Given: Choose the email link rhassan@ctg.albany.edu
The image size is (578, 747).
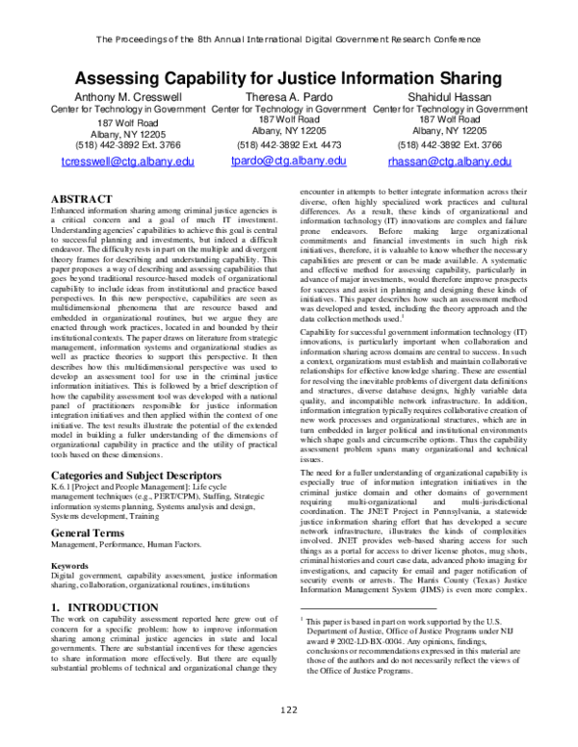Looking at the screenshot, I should (x=446, y=163).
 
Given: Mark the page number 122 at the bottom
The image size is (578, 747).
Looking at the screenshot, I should (x=289, y=735).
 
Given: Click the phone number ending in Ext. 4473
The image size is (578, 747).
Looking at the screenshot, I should (x=287, y=142).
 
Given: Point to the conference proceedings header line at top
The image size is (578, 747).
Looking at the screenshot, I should (x=289, y=39).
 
